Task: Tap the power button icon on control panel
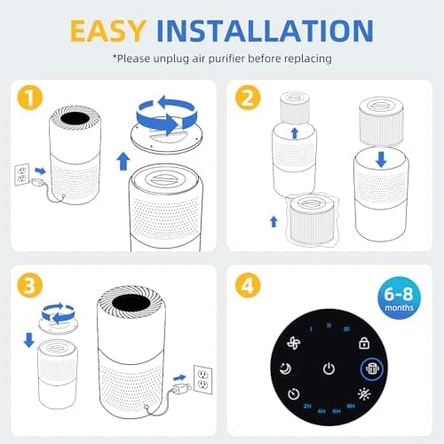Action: (329, 369)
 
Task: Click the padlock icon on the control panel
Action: (363, 342)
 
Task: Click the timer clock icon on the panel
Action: (292, 394)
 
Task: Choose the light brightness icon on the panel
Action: (364, 393)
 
